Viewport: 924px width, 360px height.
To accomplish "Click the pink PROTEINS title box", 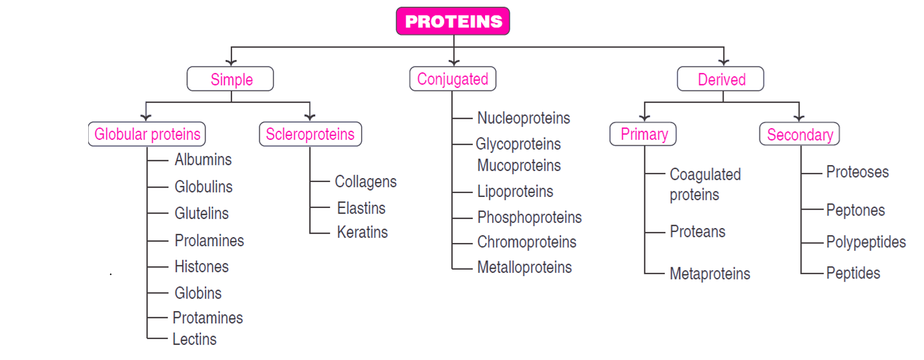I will coord(453,21).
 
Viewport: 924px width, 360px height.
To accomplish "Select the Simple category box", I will coord(230,79).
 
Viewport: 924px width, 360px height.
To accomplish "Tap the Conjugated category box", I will coord(452,79).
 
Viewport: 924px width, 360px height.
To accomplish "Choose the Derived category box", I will coord(720,79).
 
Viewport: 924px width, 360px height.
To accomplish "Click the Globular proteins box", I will coord(147,134).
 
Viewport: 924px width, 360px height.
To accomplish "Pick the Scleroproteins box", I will coord(310,134).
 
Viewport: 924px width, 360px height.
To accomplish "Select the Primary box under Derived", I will coord(643,134).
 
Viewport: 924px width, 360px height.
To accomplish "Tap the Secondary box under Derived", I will coord(799,134).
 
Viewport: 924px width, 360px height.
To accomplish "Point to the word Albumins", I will coord(203,160).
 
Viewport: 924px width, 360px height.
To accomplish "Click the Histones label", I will coord(201,267).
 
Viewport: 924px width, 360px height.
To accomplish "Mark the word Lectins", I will coord(194,339).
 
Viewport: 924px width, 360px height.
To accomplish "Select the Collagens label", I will coord(365,182).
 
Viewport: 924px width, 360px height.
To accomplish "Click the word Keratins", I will coord(362,232).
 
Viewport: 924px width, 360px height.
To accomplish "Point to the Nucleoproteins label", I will coord(523,118).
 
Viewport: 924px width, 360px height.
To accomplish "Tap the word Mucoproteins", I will coord(519,165).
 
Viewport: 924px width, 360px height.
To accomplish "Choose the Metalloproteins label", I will coord(524,267).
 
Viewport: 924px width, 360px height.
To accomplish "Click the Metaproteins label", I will coord(710,273).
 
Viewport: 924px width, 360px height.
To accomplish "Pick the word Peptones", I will coord(855,210).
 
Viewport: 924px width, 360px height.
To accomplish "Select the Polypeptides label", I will coord(866,242).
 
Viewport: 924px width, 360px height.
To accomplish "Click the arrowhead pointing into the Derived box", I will coord(724,62).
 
